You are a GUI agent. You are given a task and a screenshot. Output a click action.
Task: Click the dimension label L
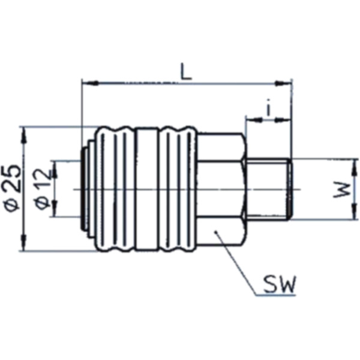click(x=186, y=71)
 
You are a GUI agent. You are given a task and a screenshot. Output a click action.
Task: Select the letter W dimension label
click(x=342, y=190)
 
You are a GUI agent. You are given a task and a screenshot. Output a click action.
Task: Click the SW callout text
click(x=279, y=284)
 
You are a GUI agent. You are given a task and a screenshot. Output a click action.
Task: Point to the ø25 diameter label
click(x=13, y=187)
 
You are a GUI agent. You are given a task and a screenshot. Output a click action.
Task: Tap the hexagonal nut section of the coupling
click(x=220, y=190)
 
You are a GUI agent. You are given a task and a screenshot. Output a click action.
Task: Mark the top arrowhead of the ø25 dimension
click(x=25, y=131)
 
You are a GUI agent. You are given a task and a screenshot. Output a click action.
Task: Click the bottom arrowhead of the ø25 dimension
click(x=25, y=247)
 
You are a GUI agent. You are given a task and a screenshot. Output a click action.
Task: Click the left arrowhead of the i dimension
click(x=249, y=120)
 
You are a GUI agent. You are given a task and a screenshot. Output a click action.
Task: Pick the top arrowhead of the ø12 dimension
click(x=54, y=165)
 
